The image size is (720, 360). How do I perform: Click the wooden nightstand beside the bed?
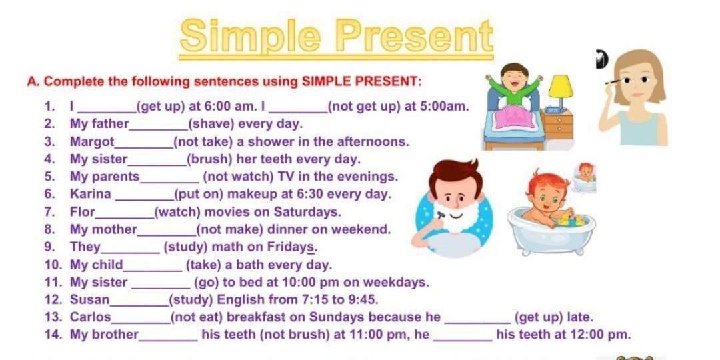tap(557, 124)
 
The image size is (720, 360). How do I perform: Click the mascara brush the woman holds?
tap(613, 83)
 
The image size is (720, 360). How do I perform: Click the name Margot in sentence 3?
tap(92, 142)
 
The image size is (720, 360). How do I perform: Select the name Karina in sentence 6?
tap(91, 194)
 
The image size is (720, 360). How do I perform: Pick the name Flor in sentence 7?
tap(83, 212)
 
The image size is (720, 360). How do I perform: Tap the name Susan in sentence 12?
tap(90, 300)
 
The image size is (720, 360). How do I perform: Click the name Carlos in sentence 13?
tap(91, 317)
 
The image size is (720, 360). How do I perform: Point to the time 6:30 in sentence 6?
tap(311, 194)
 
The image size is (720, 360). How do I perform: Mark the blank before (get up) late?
tap(478, 323)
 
